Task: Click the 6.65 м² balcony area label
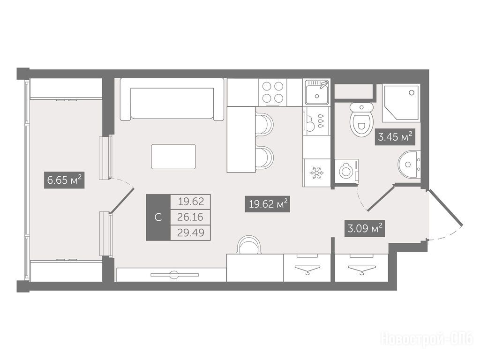[64, 180]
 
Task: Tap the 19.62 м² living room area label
[267, 204]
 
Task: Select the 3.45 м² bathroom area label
[395, 137]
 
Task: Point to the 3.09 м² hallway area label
[365, 228]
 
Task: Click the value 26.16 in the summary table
[190, 217]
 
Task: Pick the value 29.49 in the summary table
[191, 232]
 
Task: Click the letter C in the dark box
[158, 217]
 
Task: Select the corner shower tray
[400, 102]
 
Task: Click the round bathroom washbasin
[409, 164]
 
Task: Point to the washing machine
[346, 171]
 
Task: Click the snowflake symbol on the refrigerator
[316, 173]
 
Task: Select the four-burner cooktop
[273, 92]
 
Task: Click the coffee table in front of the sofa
[173, 157]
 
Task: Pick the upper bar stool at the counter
[264, 124]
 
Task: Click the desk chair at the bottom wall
[249, 245]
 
